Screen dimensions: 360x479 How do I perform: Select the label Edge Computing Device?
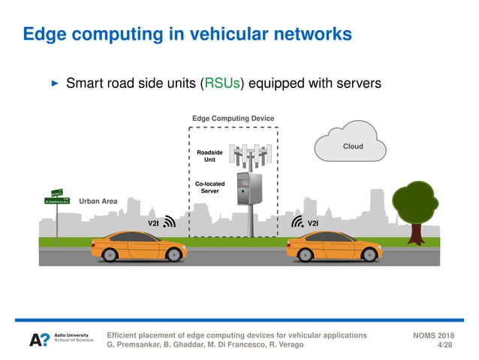coord(233,119)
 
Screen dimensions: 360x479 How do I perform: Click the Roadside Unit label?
coord(209,156)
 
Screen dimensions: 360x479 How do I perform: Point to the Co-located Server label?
coord(209,187)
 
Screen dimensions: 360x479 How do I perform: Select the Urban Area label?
coord(98,201)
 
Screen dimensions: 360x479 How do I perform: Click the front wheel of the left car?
coord(174,255)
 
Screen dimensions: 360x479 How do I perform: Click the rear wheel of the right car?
coord(304,255)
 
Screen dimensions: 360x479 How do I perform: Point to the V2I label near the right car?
coord(313,222)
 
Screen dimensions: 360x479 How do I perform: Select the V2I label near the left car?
coord(153,222)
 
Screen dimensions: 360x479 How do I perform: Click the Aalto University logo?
coord(61,340)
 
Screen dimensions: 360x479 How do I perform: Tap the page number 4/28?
coord(445,345)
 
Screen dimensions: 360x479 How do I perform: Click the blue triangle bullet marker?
coord(53,83)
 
